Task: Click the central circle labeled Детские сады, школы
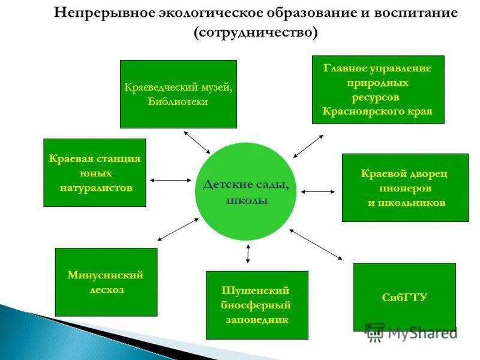[x=246, y=191]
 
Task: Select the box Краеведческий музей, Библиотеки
[x=178, y=94]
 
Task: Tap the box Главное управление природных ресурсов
[x=378, y=89]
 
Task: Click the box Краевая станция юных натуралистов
[x=95, y=173]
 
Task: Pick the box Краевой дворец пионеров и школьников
[x=405, y=188]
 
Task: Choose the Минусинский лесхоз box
[x=106, y=282]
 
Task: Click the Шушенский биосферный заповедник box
[x=257, y=305]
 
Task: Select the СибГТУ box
[x=404, y=297]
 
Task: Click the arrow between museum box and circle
[x=197, y=142]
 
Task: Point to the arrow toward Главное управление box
[x=308, y=146]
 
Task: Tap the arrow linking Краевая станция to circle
[x=170, y=180]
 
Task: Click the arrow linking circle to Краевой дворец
[x=318, y=192]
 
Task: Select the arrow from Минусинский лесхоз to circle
[x=178, y=229]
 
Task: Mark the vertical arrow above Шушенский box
[x=248, y=254]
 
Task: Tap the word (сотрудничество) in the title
[x=256, y=32]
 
